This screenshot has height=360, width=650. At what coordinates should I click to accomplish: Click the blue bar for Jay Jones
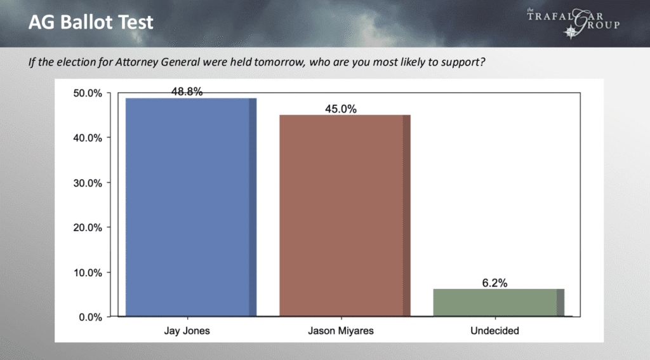pyautogui.click(x=191, y=208)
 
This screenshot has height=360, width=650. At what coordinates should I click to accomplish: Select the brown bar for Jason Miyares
pyautogui.click(x=345, y=216)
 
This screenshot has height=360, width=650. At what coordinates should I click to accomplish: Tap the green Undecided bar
pyautogui.click(x=499, y=303)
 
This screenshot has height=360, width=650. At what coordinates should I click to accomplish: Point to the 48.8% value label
pyautogui.click(x=187, y=91)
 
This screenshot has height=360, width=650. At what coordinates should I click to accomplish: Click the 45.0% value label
pyautogui.click(x=341, y=109)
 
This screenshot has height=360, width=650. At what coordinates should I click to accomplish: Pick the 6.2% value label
pyautogui.click(x=494, y=283)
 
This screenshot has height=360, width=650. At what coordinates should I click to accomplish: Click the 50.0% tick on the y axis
pyautogui.click(x=88, y=93)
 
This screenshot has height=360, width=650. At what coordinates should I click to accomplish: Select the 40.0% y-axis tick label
pyautogui.click(x=88, y=138)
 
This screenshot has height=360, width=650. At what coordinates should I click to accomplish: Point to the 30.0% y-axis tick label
pyautogui.click(x=88, y=183)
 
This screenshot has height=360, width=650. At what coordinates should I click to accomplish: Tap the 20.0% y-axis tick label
pyautogui.click(x=88, y=228)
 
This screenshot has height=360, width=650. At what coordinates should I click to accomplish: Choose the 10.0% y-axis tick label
pyautogui.click(x=88, y=272)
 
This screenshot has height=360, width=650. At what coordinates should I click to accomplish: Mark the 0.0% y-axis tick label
pyautogui.click(x=90, y=317)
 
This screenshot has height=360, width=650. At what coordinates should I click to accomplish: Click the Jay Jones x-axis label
pyautogui.click(x=187, y=331)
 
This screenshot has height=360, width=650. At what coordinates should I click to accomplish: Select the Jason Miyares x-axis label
pyautogui.click(x=341, y=331)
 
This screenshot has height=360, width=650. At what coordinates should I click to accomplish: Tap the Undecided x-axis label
pyautogui.click(x=494, y=331)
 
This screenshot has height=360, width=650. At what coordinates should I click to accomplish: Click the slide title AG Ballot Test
pyautogui.click(x=91, y=22)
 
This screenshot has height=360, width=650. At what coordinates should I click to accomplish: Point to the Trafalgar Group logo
pyautogui.click(x=573, y=23)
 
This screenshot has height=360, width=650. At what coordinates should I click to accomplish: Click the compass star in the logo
pyautogui.click(x=571, y=32)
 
